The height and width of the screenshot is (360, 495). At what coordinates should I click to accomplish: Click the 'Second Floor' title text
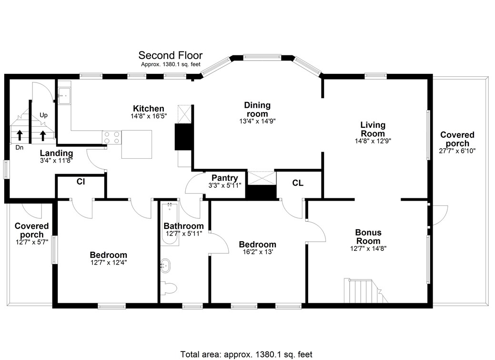pyautogui.click(x=170, y=56)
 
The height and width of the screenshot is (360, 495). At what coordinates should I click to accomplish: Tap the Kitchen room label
pyautogui.click(x=148, y=109)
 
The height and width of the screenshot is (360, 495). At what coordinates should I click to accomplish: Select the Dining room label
pyautogui.click(x=257, y=109)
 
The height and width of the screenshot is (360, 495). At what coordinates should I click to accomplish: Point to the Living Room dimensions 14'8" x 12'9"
pyautogui.click(x=373, y=141)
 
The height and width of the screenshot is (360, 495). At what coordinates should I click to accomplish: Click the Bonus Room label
pyautogui.click(x=368, y=237)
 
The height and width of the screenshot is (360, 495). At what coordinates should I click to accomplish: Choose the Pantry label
pyautogui.click(x=225, y=178)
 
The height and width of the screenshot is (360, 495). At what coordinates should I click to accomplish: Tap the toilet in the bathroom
pyautogui.click(x=169, y=288)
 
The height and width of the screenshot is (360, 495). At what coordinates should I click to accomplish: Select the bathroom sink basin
pyautogui.click(x=166, y=265)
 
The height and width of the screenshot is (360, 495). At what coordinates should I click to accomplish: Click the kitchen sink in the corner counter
pyautogui.click(x=64, y=95)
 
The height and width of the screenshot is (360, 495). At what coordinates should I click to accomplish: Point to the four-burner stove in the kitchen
pyautogui.click(x=111, y=138)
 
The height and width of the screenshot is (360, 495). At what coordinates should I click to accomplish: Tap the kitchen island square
pyautogui.click(x=137, y=144)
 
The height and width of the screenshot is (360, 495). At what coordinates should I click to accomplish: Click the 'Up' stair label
pyautogui.click(x=43, y=115)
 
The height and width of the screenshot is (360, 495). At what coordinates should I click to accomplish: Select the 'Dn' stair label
pyautogui.click(x=20, y=148)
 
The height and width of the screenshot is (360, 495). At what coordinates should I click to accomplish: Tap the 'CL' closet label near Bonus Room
pyautogui.click(x=297, y=183)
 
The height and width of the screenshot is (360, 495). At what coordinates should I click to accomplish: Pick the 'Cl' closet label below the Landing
pyautogui.click(x=81, y=182)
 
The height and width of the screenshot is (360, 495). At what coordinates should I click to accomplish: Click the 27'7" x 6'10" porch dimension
pyautogui.click(x=457, y=151)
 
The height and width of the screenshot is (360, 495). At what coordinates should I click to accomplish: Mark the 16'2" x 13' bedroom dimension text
pyautogui.click(x=257, y=252)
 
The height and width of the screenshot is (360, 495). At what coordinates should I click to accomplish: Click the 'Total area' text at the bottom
pyautogui.click(x=246, y=354)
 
